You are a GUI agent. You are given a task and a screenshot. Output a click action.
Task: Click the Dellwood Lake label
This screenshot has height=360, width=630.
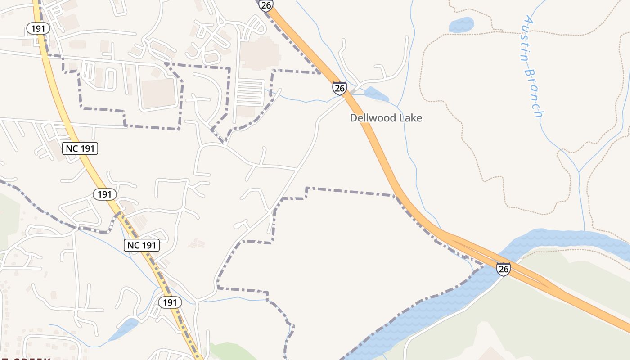coord(386,118)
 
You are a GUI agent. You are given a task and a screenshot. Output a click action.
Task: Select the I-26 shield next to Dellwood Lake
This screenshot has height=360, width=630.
coord(339,88)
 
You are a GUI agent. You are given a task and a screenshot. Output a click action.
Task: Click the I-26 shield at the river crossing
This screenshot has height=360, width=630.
coord(504,269)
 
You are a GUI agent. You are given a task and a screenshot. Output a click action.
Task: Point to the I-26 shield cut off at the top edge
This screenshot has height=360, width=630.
coord(266,4)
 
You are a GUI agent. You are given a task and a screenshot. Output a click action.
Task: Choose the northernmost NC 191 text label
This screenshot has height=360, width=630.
coord(80,148)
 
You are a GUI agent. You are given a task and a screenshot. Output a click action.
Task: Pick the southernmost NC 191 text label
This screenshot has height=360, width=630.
coord(141,245)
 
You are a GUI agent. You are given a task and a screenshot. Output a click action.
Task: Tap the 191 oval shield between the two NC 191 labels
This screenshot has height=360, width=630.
coord(104,194)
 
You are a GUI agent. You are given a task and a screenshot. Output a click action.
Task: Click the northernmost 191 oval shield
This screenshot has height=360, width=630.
coord(38,28)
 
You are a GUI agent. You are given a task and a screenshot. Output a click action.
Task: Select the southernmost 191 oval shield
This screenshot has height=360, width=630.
coord(170,302)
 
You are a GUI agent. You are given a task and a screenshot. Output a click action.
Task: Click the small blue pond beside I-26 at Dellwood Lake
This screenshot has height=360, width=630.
coord(376,94)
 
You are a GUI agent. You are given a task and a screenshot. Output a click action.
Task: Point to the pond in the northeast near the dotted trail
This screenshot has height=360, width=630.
coord(462,25)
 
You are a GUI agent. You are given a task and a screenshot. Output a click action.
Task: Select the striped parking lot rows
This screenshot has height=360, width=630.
coord(250,92)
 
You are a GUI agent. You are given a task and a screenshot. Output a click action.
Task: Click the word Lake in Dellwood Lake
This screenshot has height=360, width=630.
coord(411,118)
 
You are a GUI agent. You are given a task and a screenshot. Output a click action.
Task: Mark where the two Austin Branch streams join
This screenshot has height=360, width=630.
coord(578,171)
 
